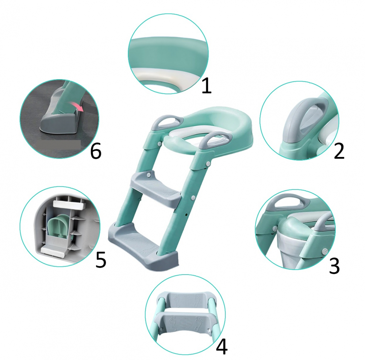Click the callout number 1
tap(207, 86)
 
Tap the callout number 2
tap(339, 151)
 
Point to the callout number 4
tap(222, 347)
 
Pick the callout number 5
tap(101, 259)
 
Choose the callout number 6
tap(96, 151)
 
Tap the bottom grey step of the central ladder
tap(143, 245)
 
